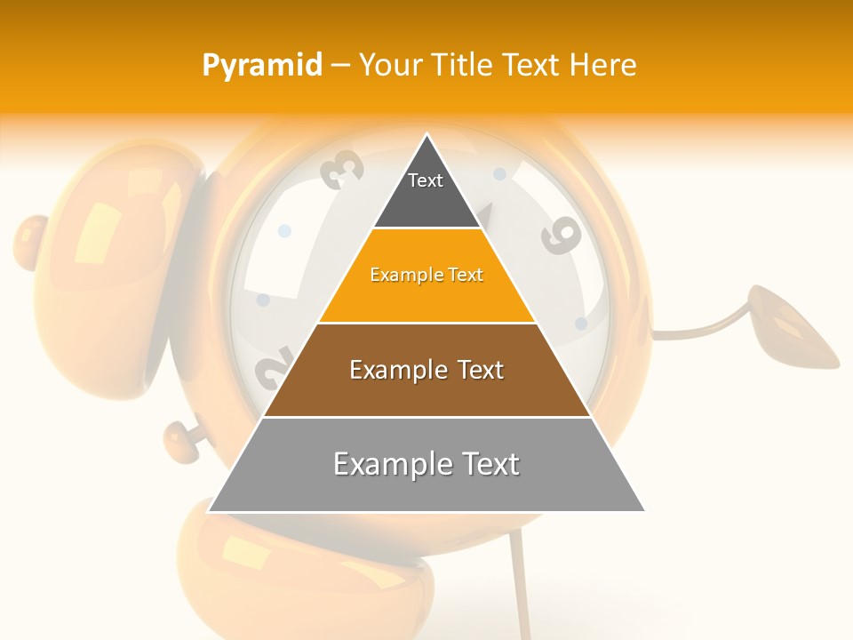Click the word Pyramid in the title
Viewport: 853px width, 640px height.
click(x=262, y=66)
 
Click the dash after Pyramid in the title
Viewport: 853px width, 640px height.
click(x=340, y=66)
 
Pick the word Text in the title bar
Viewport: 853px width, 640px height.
click(x=534, y=65)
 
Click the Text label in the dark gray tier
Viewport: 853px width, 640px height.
click(x=426, y=180)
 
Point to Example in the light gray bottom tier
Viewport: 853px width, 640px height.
click(x=389, y=464)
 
